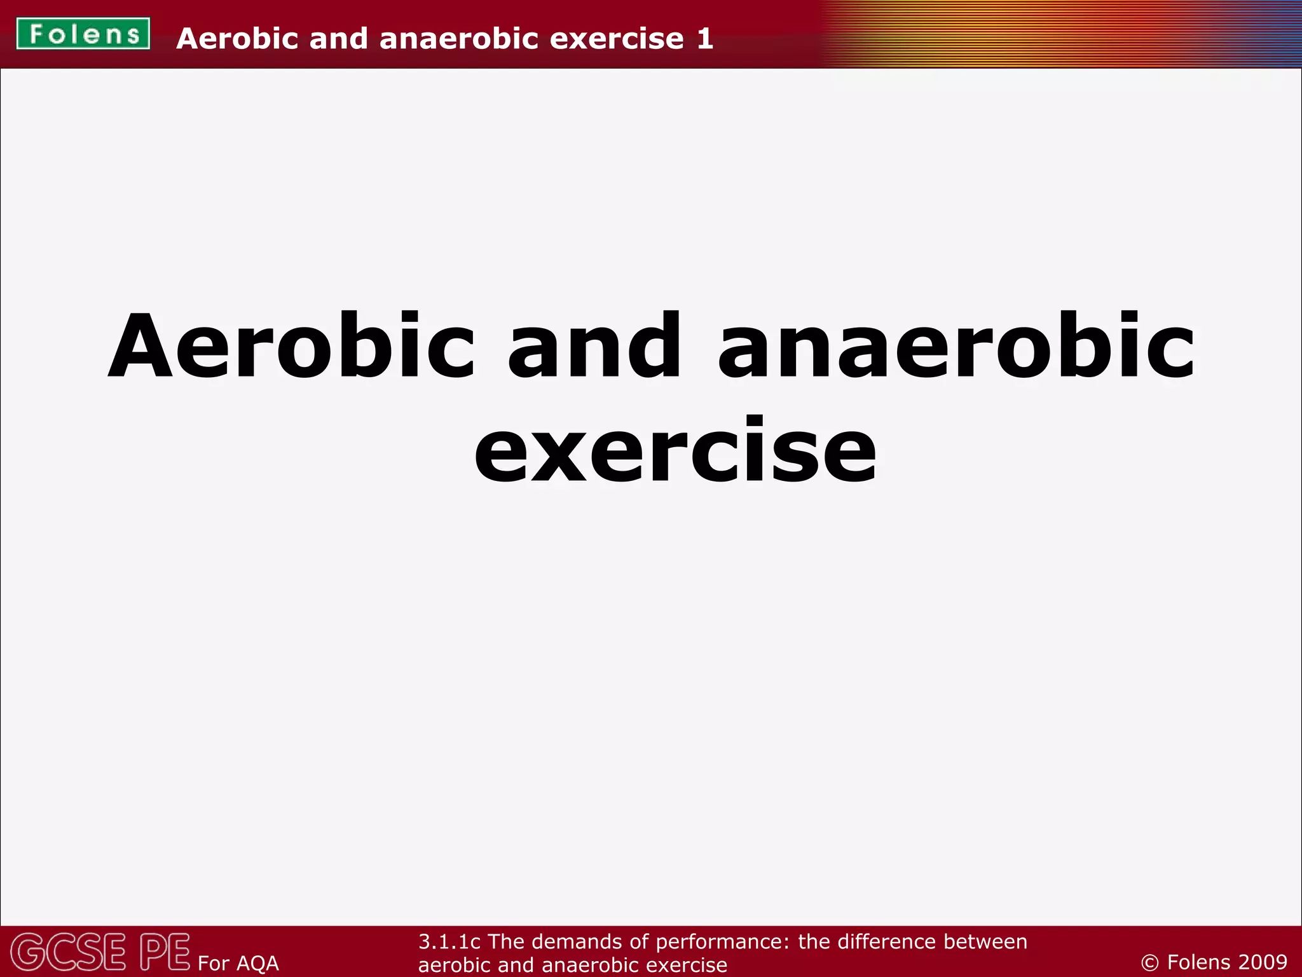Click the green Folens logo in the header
[x=83, y=34]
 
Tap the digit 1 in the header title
[x=704, y=39]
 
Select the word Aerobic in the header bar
[x=237, y=39]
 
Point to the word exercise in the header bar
[x=616, y=39]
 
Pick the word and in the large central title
[x=594, y=347]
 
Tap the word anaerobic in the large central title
[x=956, y=347]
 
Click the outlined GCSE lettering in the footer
[x=69, y=952]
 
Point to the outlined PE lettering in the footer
[x=165, y=952]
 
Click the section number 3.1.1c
[x=449, y=941]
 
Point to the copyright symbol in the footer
[x=1149, y=962]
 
